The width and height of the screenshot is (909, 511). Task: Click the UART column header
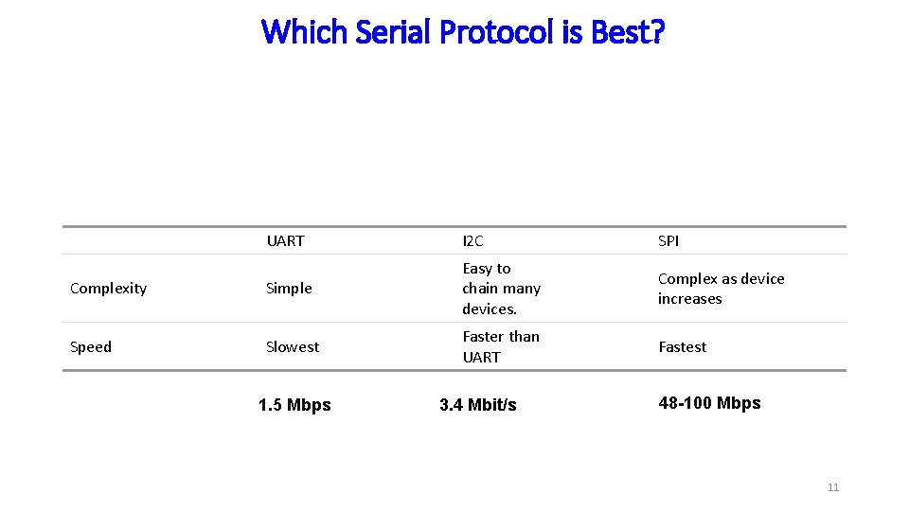click(285, 241)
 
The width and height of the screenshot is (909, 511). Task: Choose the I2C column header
click(472, 241)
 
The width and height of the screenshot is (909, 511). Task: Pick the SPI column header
click(668, 241)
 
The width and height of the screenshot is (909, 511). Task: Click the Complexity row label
click(108, 289)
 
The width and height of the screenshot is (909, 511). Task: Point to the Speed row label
click(91, 347)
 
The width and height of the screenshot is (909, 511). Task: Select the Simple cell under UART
click(289, 289)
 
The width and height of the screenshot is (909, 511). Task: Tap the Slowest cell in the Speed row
click(293, 347)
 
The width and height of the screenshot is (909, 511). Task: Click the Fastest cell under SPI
click(682, 347)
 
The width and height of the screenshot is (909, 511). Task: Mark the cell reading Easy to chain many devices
click(501, 289)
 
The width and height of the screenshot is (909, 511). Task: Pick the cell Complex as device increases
click(721, 289)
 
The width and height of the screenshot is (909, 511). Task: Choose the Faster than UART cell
click(500, 346)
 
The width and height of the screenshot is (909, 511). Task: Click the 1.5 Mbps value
click(294, 405)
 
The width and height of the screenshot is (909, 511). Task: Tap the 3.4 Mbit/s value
click(478, 405)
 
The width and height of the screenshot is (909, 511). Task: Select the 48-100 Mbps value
click(709, 403)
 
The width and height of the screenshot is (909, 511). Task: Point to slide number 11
click(833, 487)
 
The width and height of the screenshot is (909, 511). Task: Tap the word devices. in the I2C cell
click(489, 309)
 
